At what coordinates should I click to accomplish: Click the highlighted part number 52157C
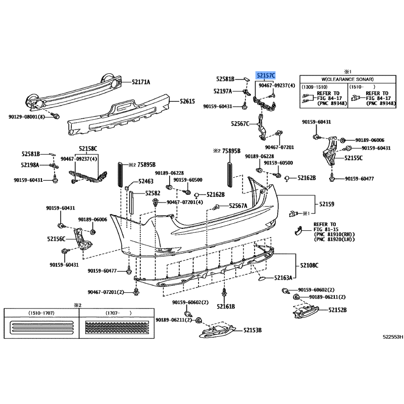click(266, 76)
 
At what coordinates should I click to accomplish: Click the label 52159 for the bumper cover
click(326, 204)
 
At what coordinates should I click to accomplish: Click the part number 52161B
click(226, 306)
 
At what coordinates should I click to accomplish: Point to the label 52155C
click(353, 158)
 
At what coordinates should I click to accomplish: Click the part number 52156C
click(57, 238)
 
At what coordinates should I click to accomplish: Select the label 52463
click(146, 181)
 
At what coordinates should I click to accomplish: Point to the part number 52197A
click(223, 91)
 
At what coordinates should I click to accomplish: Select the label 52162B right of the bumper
click(306, 178)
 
